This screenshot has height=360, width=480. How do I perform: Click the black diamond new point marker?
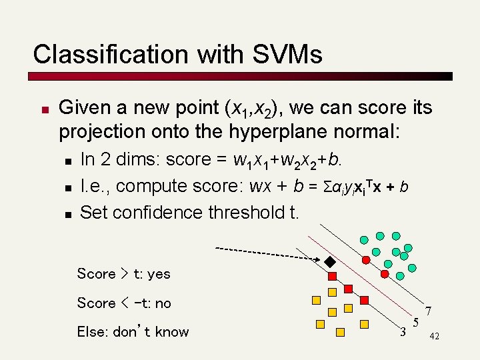[329, 261]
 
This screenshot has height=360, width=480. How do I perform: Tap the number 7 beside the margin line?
[429, 311]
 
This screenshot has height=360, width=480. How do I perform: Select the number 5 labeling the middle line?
[415, 323]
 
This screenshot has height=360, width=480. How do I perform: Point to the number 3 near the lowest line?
[402, 331]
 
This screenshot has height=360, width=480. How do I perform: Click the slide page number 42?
[435, 337]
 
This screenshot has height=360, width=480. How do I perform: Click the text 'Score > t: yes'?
[123, 273]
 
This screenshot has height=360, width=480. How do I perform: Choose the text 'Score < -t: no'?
[124, 303]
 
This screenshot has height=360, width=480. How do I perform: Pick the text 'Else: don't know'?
[133, 332]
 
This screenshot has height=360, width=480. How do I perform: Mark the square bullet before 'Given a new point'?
[41, 109]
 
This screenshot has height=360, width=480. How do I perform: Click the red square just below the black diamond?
[332, 275]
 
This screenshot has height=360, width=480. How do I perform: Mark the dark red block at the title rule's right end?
[448, 76]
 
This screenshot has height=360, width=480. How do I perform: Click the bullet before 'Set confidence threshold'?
[67, 214]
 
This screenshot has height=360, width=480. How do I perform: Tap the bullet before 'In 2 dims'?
[67, 161]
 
